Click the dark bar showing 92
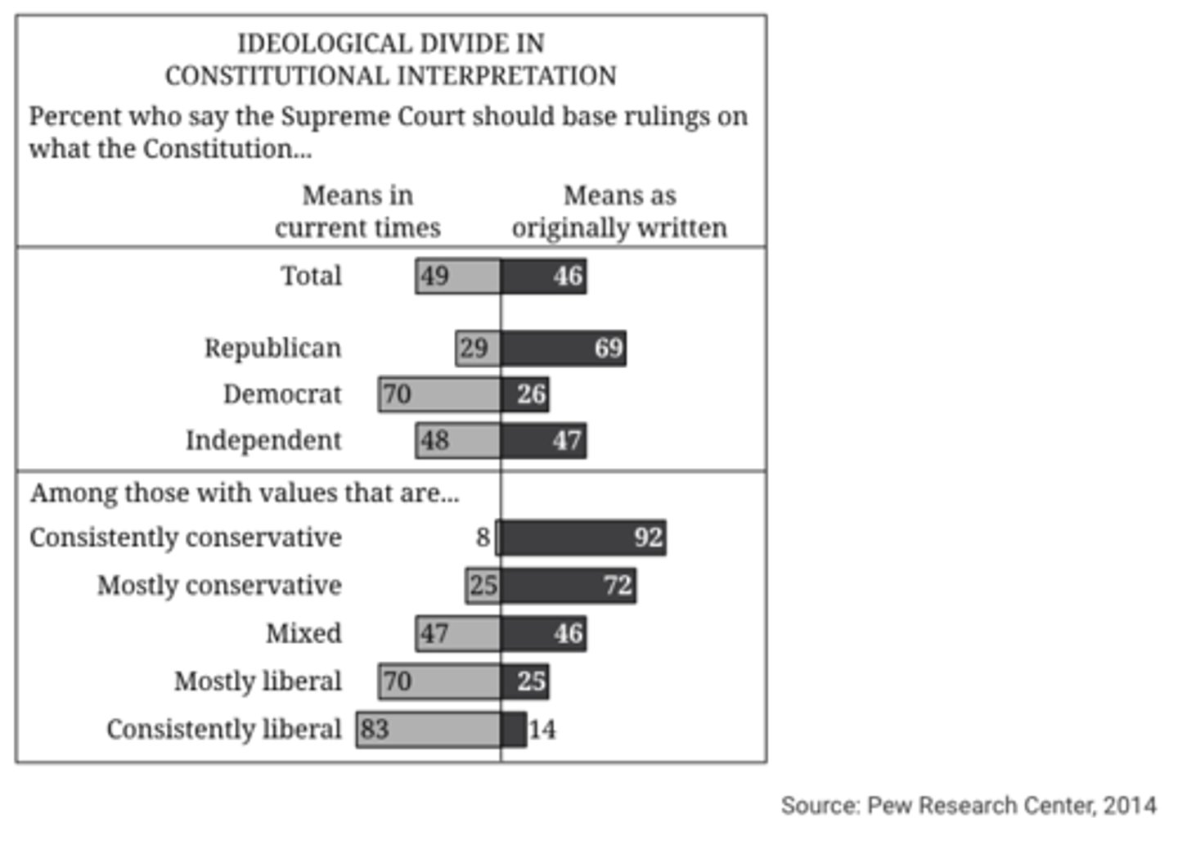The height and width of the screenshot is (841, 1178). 582,537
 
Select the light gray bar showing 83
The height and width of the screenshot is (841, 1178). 429,729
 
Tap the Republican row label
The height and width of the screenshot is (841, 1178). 272,348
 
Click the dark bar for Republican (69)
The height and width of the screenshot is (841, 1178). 564,348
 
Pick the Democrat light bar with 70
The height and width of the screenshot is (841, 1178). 439,394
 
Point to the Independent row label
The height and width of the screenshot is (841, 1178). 263,440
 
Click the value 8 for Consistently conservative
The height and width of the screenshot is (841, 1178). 483,537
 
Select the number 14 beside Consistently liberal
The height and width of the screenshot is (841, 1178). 542,729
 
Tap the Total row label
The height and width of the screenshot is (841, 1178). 311,276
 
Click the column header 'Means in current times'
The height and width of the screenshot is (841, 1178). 357,211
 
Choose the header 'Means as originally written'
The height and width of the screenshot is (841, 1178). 619,211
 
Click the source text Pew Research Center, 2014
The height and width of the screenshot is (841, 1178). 969,805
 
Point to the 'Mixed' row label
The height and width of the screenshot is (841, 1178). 303,633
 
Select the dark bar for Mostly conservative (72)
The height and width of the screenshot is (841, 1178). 569,586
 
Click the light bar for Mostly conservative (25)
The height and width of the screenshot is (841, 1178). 483,586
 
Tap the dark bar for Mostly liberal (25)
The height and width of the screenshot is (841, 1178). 525,681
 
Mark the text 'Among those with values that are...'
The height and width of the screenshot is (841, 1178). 245,492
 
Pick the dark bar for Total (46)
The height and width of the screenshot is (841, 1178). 544,276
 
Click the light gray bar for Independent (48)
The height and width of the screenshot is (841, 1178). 458,440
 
